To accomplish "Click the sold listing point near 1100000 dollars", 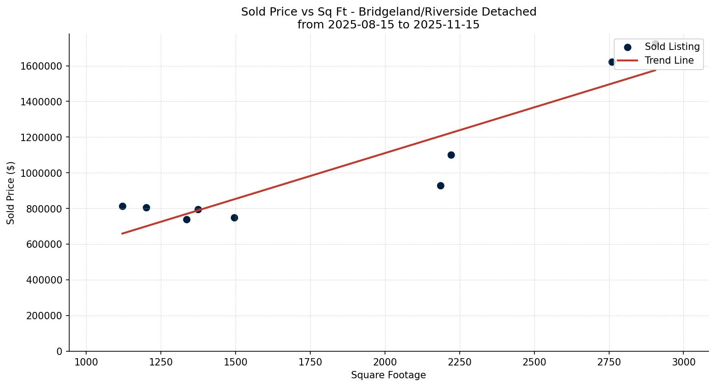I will (x=451, y=155).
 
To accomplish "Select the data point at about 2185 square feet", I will (x=440, y=185).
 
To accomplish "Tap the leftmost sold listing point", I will (x=122, y=206).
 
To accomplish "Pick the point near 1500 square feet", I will (x=234, y=218).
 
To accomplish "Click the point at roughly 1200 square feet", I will (x=146, y=207).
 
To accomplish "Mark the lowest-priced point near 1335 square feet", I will (x=187, y=219).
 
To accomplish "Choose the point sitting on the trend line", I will (x=198, y=209).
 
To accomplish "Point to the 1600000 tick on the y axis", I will (x=41, y=66).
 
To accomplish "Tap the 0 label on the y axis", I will (x=60, y=351).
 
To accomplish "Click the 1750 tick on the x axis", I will (x=310, y=362).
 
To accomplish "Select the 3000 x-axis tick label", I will (x=683, y=362).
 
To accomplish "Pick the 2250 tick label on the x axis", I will (x=460, y=362).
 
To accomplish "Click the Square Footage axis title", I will (x=388, y=375).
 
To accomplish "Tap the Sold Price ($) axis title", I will (x=11, y=193).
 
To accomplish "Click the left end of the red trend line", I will (x=122, y=234).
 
